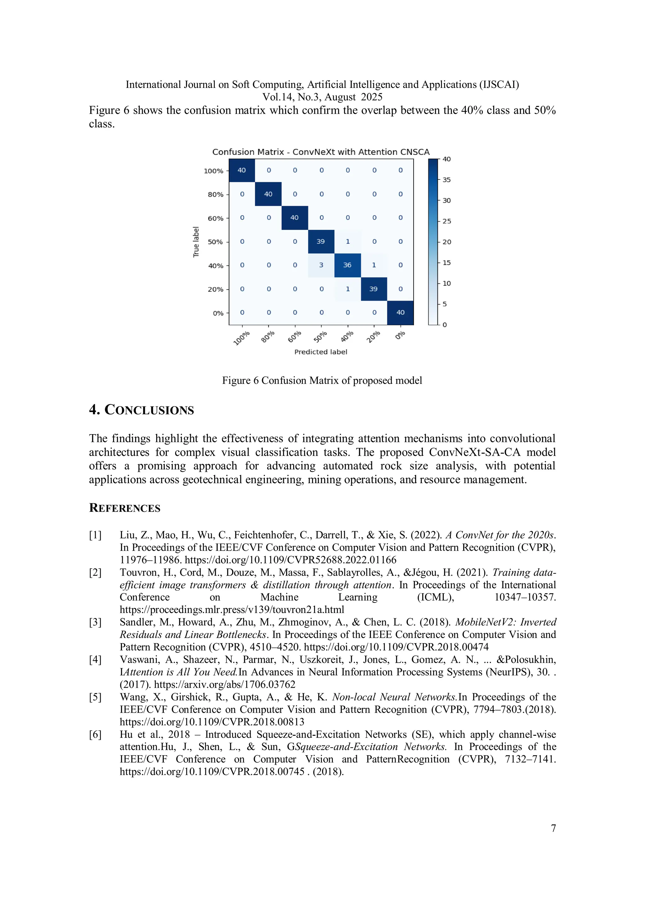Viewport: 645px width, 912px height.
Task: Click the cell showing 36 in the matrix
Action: tap(347, 265)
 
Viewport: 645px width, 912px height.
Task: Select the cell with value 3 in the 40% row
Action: tap(321, 265)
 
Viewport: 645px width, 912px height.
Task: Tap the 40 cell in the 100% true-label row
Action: tap(242, 170)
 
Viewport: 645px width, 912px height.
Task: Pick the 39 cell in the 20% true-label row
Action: tap(374, 289)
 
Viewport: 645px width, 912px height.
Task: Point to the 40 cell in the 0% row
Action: tap(400, 313)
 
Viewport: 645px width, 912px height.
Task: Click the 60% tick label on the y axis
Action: tap(215, 218)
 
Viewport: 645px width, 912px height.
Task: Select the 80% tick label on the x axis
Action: tap(268, 337)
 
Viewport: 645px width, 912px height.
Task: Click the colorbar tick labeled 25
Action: tap(447, 221)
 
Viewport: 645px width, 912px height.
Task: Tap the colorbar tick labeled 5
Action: tap(445, 304)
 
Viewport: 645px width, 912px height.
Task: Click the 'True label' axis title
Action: tap(196, 242)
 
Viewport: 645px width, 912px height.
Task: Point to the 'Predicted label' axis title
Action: tap(321, 352)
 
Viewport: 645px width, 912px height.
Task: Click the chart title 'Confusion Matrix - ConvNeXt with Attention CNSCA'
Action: tap(321, 152)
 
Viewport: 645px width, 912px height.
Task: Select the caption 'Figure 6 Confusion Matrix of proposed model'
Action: tap(322, 381)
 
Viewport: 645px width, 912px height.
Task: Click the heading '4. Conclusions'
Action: tap(141, 410)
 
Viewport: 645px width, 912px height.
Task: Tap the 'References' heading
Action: tap(125, 508)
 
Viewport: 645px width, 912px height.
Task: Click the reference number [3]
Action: tap(95, 622)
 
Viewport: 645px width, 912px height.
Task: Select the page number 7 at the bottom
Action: tap(553, 828)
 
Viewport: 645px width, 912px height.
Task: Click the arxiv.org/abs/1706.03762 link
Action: tap(225, 684)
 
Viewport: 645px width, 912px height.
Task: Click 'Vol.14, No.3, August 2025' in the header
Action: tap(322, 97)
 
